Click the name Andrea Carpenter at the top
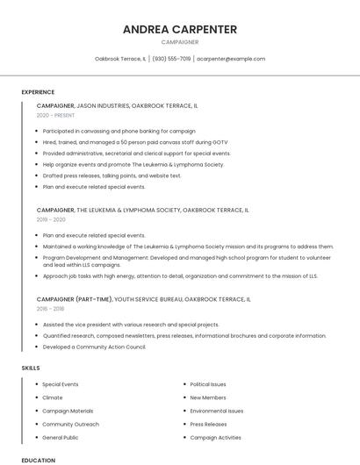point(179,29)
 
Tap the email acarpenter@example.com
point(230,59)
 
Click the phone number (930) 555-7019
point(171,59)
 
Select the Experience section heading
point(38,92)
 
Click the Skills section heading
point(31,368)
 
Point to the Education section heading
point(38,460)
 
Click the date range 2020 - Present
point(55,115)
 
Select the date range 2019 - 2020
point(51,219)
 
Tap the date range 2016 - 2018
point(50,309)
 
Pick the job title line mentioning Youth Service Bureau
point(143,299)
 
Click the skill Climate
point(52,397)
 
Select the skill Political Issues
point(207,384)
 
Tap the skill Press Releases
point(208,424)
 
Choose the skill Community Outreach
point(69,424)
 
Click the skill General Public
point(60,437)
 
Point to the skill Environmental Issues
point(216,411)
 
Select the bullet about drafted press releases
point(112,175)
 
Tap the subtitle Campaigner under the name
point(179,42)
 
